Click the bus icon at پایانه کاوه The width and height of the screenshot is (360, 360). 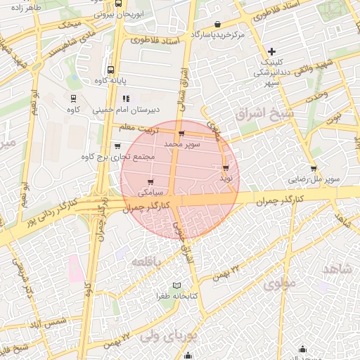111,70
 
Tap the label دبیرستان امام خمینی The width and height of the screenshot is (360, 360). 156,110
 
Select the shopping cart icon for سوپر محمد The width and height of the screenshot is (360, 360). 182,134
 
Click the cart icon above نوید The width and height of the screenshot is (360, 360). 225,168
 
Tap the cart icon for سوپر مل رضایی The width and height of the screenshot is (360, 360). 314,169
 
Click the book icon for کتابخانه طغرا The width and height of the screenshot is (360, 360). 176,285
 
